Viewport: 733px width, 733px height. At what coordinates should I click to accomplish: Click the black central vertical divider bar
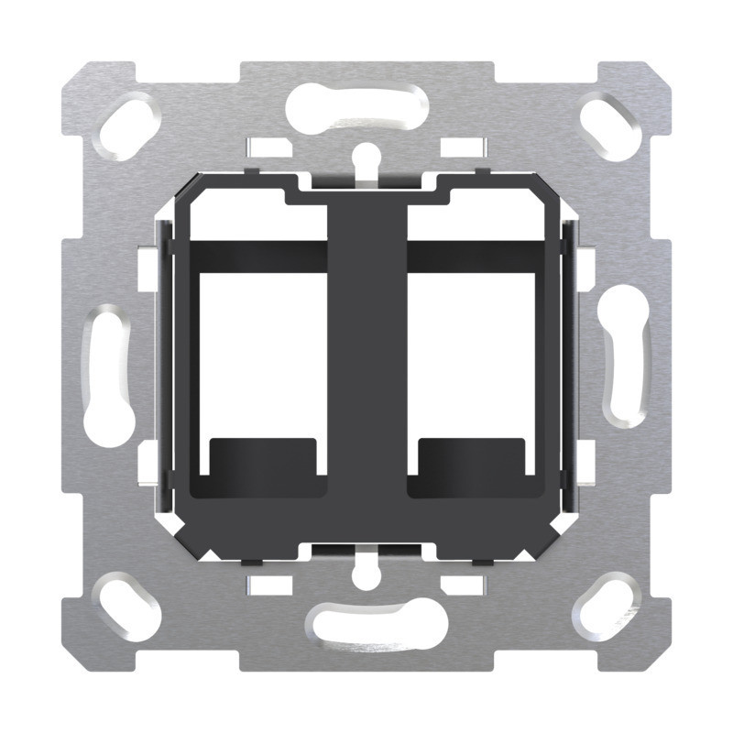click(366, 366)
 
